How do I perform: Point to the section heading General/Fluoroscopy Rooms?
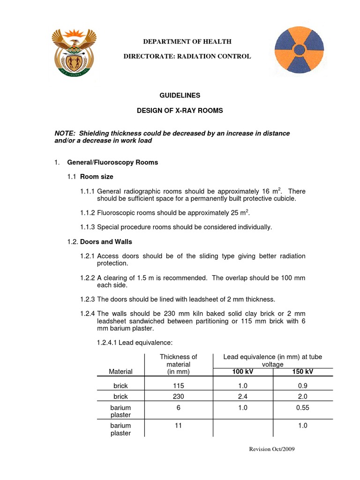(x=112, y=163)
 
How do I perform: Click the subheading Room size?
(x=97, y=177)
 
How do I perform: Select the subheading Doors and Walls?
(x=106, y=242)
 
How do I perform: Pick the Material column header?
(x=120, y=371)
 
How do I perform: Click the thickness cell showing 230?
(x=178, y=396)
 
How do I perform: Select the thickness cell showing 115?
(x=178, y=385)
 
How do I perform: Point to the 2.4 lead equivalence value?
(x=243, y=396)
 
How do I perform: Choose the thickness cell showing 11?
(x=178, y=426)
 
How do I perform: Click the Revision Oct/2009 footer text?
(x=271, y=449)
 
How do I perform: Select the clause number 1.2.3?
(x=87, y=299)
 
